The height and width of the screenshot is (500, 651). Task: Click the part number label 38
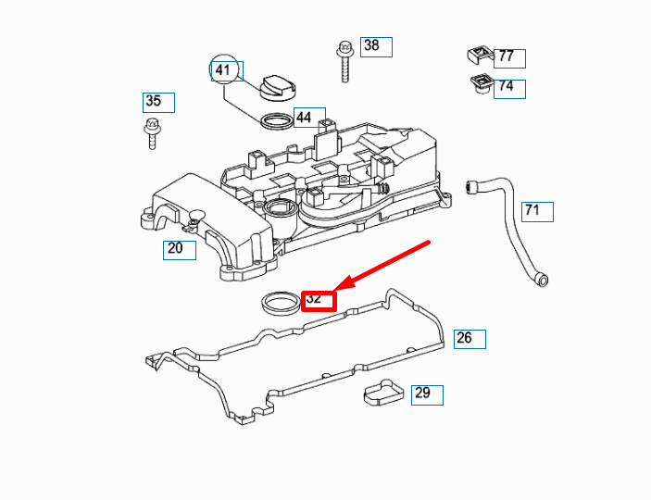coord(375,46)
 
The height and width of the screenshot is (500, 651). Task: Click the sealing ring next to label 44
coord(275,120)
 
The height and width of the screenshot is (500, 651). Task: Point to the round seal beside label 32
coord(279,302)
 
